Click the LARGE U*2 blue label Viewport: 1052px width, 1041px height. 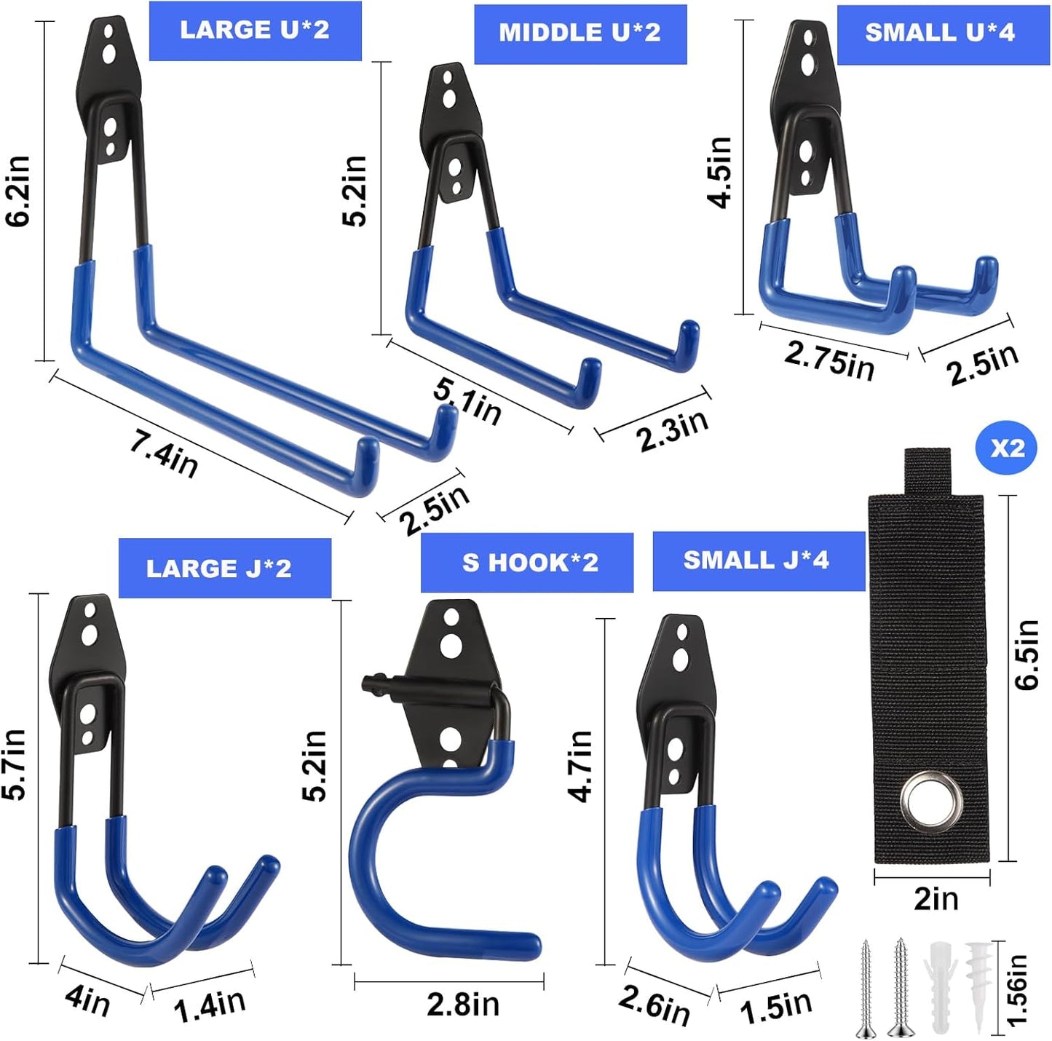[x=255, y=31]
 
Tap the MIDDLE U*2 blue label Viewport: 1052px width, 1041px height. [x=580, y=33]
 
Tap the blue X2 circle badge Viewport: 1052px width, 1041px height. [x=1006, y=448]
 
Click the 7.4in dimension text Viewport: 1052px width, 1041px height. [x=164, y=454]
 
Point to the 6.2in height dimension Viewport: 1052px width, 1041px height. [x=19, y=191]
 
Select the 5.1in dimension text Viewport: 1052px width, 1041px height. [x=467, y=401]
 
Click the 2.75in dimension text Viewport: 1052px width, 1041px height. [x=829, y=360]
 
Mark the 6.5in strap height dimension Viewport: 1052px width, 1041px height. [x=1027, y=654]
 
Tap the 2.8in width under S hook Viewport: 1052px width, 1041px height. [x=463, y=1005]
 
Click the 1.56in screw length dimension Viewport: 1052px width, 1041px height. [x=1017, y=990]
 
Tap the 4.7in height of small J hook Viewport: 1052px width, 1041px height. [x=581, y=766]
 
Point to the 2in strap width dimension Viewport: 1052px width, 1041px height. [x=936, y=900]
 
